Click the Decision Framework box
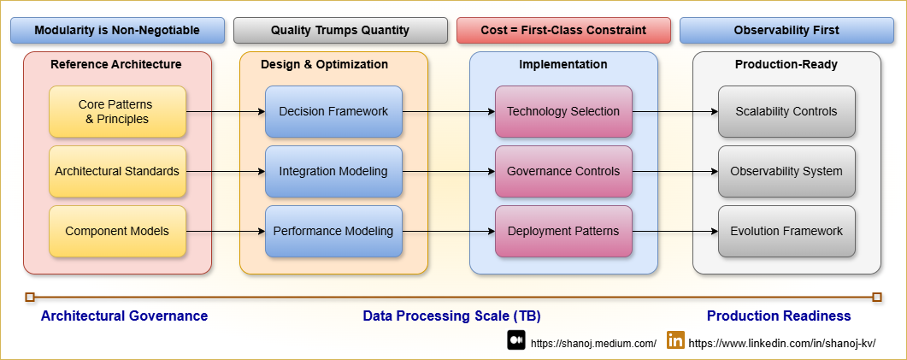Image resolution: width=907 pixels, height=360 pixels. [x=333, y=111]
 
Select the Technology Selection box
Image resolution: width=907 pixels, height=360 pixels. [x=563, y=111]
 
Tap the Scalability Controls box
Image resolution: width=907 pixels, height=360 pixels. [x=786, y=111]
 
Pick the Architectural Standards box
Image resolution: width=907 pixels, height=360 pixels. [x=117, y=171]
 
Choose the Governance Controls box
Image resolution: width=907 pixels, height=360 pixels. [x=563, y=171]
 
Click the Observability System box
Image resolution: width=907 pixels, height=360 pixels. [x=786, y=171]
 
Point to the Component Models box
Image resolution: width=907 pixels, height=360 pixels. [x=117, y=231]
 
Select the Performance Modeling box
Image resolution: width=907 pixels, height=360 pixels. [x=333, y=231]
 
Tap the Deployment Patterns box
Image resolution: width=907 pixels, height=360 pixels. [x=563, y=231]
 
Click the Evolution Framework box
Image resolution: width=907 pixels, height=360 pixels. [x=786, y=231]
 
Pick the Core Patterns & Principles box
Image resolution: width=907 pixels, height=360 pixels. [x=117, y=111]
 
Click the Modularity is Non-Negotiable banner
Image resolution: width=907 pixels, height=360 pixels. [x=117, y=31]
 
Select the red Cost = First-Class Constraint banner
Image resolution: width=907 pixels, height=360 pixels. [x=563, y=31]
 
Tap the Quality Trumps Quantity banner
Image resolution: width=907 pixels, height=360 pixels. [x=340, y=31]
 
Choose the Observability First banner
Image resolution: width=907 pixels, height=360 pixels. [x=786, y=31]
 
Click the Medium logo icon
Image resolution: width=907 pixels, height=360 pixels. [x=515, y=340]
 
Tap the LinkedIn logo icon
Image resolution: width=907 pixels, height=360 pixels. [x=675, y=340]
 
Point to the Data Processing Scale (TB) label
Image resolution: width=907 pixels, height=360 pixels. [x=451, y=316]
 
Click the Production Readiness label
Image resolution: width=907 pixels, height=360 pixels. [x=779, y=316]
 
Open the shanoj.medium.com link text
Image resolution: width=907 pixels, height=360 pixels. [x=593, y=343]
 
